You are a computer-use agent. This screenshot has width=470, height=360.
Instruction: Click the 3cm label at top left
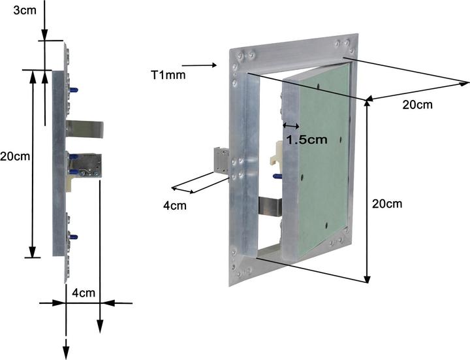25,10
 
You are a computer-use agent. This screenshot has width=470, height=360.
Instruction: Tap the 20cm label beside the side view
15,156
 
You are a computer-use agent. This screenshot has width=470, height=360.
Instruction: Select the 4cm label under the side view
84,293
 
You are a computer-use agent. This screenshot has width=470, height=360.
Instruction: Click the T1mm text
168,75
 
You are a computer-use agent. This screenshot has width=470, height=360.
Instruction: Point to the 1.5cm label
307,140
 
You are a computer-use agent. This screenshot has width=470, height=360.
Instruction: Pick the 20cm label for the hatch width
417,105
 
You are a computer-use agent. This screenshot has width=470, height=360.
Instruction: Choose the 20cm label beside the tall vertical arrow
387,204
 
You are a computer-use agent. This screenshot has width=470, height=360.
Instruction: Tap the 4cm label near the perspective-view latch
175,206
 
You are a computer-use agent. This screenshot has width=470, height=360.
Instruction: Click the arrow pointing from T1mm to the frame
199,65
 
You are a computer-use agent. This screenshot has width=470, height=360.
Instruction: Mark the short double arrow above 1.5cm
291,125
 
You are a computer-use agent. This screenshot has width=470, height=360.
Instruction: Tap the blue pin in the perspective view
277,176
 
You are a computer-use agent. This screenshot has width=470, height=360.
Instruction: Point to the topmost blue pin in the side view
74,90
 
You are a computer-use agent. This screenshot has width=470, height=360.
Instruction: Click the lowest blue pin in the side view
73,237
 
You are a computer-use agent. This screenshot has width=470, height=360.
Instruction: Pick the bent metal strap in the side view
84,129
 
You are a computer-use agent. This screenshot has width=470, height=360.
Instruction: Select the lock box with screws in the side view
86,165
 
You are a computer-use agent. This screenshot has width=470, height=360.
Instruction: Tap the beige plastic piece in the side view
69,184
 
